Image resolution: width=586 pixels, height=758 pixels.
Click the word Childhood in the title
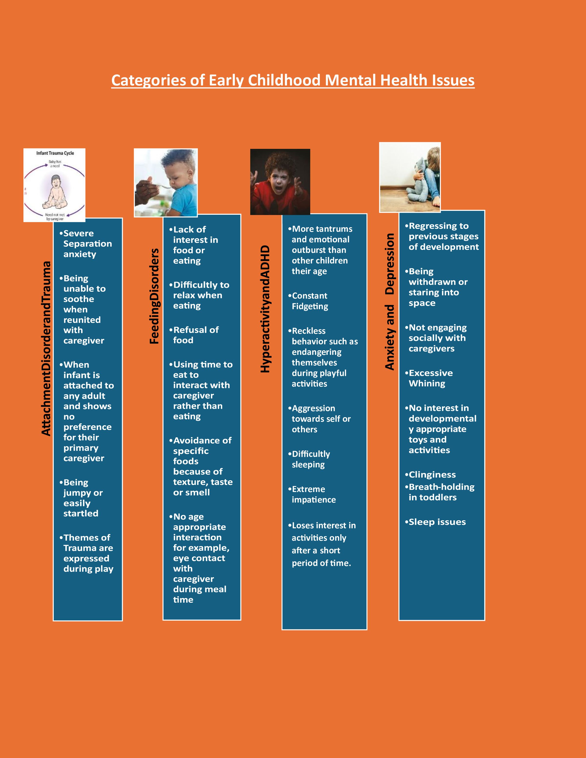[x=284, y=81]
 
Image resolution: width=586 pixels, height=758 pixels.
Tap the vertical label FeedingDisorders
[x=154, y=296]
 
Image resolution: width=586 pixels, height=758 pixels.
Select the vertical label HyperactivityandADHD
[x=265, y=309]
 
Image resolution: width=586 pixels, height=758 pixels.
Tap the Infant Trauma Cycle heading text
[x=55, y=153]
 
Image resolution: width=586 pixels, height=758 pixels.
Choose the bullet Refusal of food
[x=195, y=335]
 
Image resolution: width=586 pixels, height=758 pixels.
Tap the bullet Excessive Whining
[x=430, y=378]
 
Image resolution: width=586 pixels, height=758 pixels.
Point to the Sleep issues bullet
[x=437, y=522]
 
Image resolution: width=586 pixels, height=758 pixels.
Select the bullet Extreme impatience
[x=313, y=494]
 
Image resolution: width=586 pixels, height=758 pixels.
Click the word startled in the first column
[x=81, y=513]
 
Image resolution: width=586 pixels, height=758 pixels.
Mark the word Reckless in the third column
[x=309, y=331]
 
